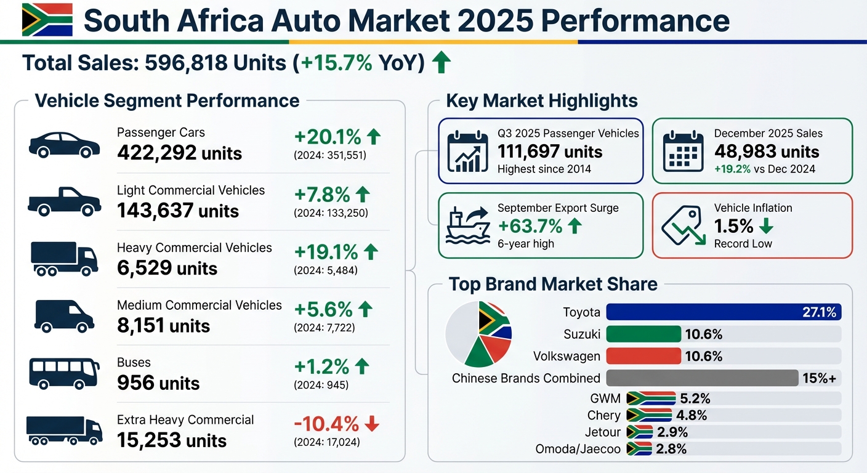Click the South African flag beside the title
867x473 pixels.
[47, 20]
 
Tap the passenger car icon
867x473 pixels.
[64, 145]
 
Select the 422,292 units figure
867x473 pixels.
[179, 153]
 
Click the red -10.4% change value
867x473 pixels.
[326, 424]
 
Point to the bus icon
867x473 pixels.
[64, 373]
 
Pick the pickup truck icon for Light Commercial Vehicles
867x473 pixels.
[64, 201]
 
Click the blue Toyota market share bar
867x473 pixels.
[723, 312]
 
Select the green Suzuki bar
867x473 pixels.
[643, 334]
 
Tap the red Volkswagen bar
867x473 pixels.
[643, 356]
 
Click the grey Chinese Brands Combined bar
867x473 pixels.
[702, 378]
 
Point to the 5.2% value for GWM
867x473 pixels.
[695, 398]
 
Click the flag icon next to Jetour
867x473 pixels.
[639, 432]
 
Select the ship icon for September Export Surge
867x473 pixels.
[467, 226]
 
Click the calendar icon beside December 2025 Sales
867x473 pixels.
[683, 152]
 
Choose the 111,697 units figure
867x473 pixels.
[550, 152]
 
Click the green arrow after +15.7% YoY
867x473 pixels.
[440, 63]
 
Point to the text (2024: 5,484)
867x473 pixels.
[326, 270]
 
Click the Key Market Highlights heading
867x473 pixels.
[541, 100]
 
